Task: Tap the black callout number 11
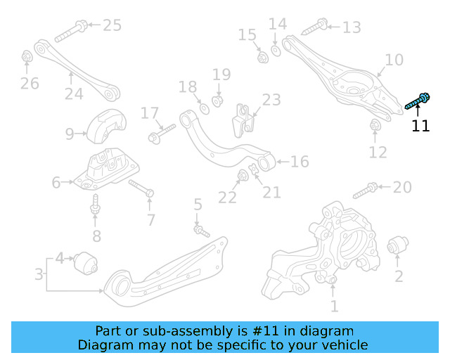click(x=420, y=127)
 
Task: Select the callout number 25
click(x=112, y=25)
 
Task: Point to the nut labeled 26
click(x=26, y=56)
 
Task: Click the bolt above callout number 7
click(x=143, y=189)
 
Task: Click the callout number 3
click(x=39, y=273)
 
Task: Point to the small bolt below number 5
click(x=202, y=230)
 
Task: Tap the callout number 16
click(x=300, y=162)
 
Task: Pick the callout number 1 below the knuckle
click(x=334, y=306)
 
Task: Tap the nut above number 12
click(x=375, y=126)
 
